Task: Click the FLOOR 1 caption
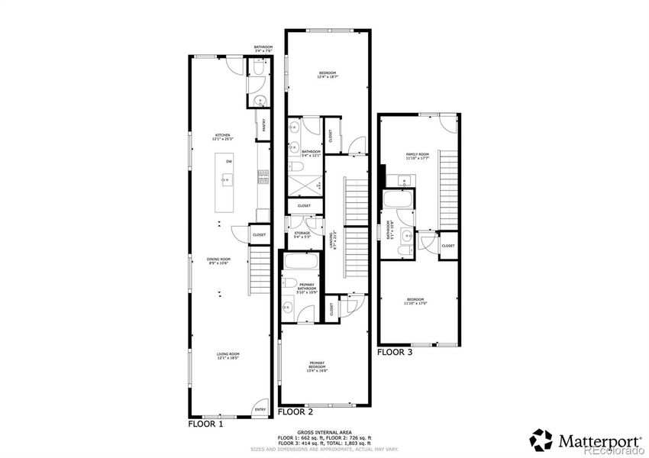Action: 205,422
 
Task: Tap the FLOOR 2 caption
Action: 295,411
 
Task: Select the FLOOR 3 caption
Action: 395,353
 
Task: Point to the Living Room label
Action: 223,356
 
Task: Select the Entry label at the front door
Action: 260,410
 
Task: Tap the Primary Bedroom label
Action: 317,365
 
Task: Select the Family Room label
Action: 417,156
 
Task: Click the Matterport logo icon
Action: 543,440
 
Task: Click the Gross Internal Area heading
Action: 324,432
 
